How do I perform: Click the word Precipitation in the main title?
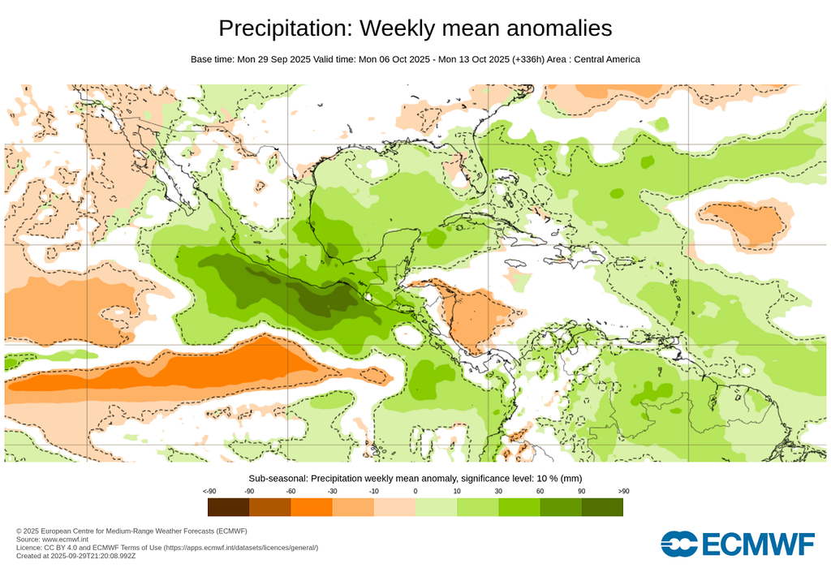284,28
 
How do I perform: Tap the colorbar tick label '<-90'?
209,492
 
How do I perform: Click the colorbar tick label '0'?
415,492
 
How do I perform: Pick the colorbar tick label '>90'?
623,492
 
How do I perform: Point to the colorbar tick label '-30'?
332,492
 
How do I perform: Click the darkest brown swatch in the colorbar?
228,507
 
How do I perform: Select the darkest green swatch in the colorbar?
602,507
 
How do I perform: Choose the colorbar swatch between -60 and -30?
312,507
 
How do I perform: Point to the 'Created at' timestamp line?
78,556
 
